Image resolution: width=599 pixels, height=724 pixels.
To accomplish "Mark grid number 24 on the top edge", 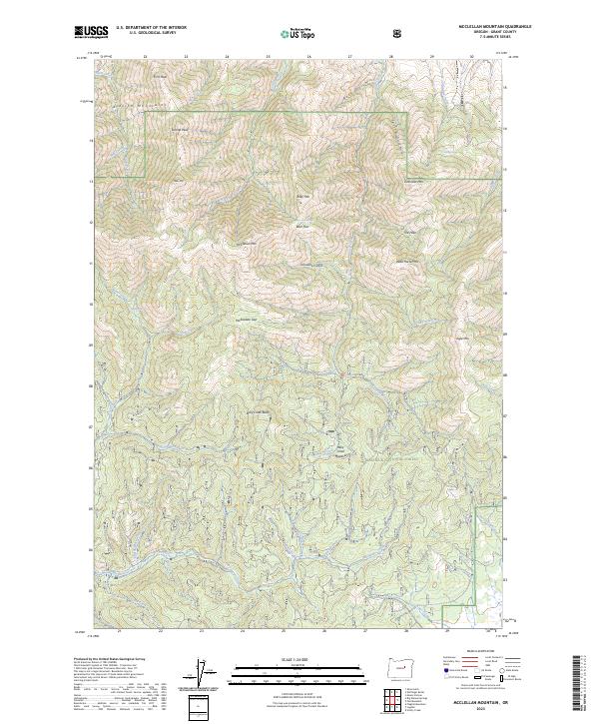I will [x=227, y=57].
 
